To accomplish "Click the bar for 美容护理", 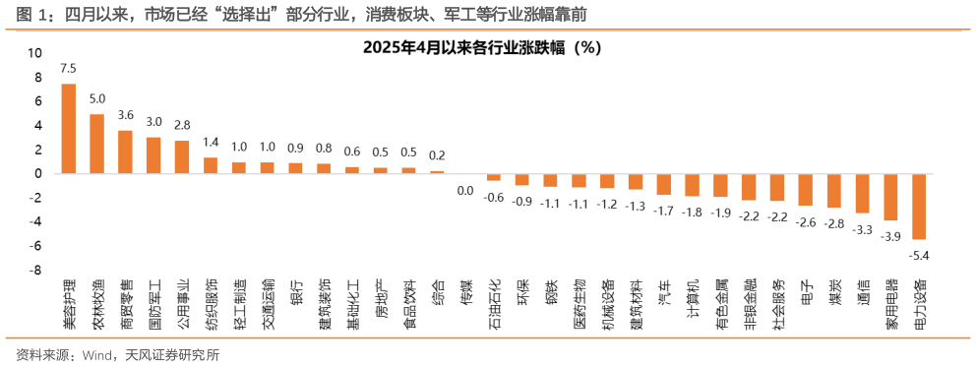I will pyautogui.click(x=69, y=128).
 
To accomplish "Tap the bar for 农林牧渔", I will pyautogui.click(x=97, y=144).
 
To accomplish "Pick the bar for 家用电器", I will pyautogui.click(x=890, y=197).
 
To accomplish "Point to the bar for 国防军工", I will pyautogui.click(x=153, y=155).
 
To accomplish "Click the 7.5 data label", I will pyautogui.click(x=69, y=69).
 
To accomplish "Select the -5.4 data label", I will pyautogui.click(x=919, y=255).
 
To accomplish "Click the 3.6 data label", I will pyautogui.click(x=125, y=115).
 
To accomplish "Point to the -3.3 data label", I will pyautogui.click(x=862, y=229).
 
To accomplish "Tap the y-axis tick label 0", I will pyautogui.click(x=38, y=174).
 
